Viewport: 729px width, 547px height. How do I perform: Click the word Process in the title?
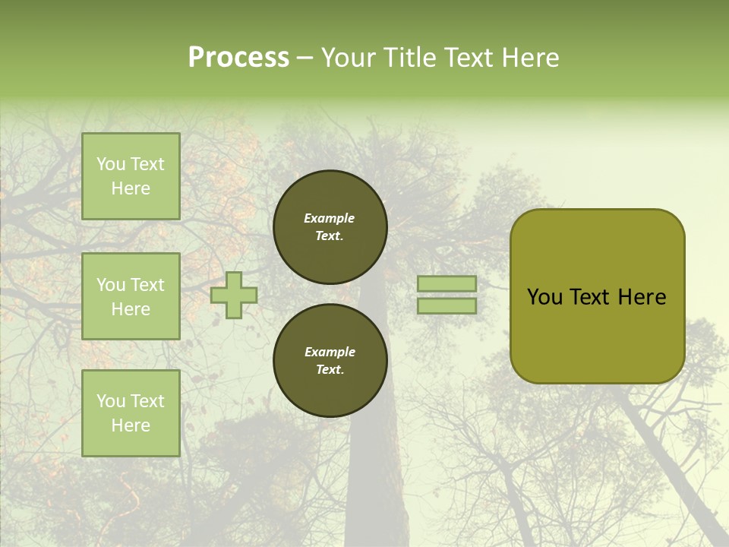pos(238,58)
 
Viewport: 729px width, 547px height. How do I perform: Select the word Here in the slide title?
pos(529,58)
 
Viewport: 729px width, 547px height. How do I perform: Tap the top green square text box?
pos(131,176)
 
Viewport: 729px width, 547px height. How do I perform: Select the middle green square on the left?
pos(131,296)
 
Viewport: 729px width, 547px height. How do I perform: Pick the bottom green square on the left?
pos(131,413)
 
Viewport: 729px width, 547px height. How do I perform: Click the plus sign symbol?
pos(234,295)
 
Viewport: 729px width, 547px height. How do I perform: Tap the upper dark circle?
pos(330,226)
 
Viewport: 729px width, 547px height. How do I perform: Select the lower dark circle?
pos(330,360)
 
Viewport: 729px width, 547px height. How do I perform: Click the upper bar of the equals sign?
pos(447,283)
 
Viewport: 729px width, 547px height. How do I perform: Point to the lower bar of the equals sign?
pos(447,306)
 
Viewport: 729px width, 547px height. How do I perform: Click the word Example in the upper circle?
pos(329,218)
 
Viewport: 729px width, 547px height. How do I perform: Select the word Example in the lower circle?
pos(330,352)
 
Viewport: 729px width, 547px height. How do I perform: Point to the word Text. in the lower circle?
pos(330,370)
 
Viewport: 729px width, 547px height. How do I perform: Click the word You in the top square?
pos(111,164)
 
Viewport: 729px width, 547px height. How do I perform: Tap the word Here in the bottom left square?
pos(131,425)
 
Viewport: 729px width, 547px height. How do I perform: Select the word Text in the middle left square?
pos(147,285)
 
